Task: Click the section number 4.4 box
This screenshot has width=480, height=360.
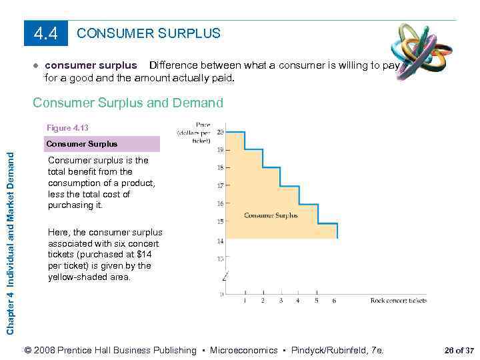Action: (x=46, y=33)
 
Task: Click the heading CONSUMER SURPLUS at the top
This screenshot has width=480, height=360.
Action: (x=149, y=33)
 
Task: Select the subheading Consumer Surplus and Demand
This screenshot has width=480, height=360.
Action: (x=128, y=103)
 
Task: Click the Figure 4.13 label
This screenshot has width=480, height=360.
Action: (x=67, y=127)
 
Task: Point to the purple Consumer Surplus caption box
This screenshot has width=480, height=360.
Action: (x=102, y=144)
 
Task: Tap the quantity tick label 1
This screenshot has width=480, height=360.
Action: (x=245, y=301)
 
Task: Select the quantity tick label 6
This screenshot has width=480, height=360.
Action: (x=334, y=301)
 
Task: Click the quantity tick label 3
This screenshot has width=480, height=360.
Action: (x=281, y=301)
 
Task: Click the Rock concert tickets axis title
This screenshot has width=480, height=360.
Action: (x=398, y=301)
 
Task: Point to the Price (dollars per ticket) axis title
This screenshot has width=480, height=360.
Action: (x=194, y=131)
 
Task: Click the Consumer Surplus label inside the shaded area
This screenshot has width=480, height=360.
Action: (x=271, y=215)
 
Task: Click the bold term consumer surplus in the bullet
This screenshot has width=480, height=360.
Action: (x=91, y=65)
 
